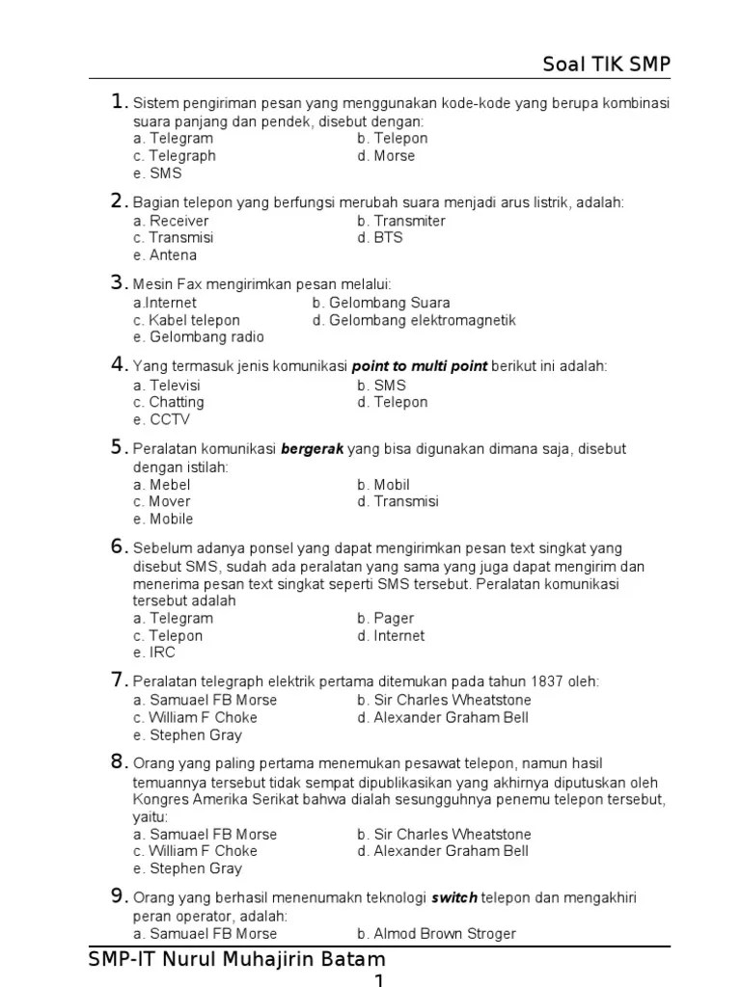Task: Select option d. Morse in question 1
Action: coord(386,156)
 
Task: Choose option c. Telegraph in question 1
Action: coord(175,156)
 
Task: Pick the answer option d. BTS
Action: coord(379,238)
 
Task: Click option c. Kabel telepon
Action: coord(187,320)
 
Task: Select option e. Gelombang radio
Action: coord(199,337)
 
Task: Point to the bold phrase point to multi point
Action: coord(421,366)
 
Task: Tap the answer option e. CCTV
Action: coord(162,420)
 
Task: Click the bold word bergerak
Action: coord(312,449)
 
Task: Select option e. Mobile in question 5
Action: coord(164,520)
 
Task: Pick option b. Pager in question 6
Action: coord(385,619)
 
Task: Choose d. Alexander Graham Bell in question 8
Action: coord(442,851)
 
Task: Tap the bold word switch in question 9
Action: coord(455,898)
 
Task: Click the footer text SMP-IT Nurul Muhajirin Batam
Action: coord(236,960)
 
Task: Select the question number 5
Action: coord(118,447)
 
